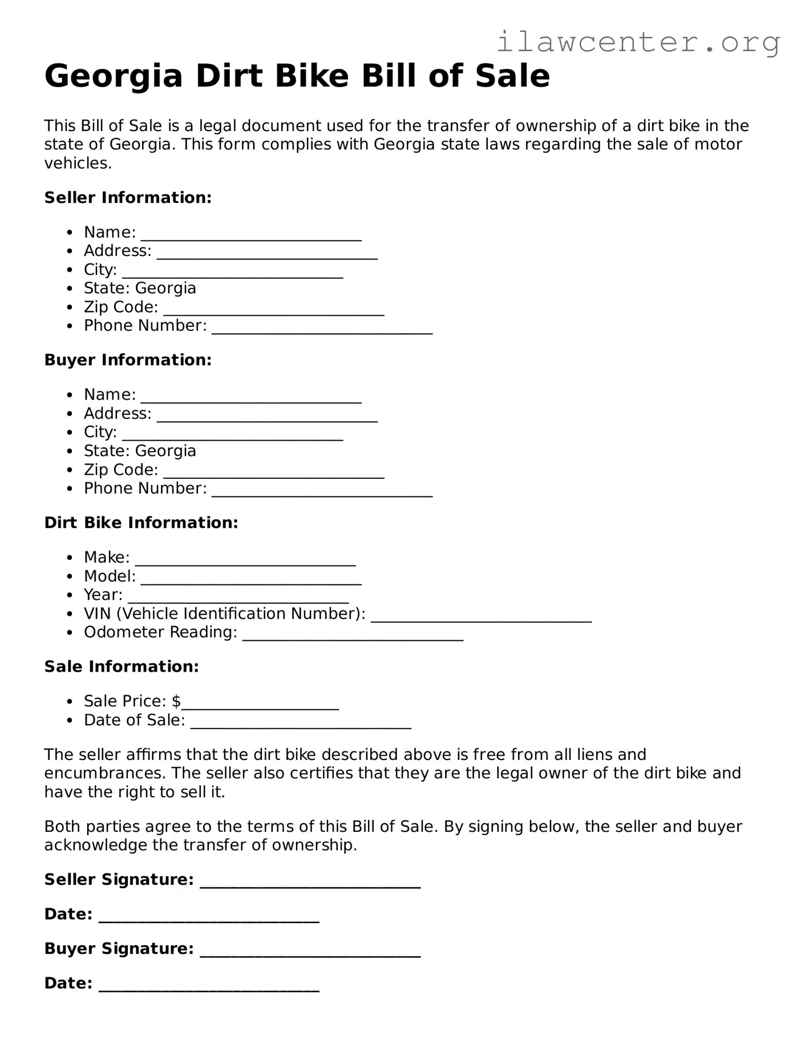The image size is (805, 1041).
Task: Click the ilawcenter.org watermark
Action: coord(638,42)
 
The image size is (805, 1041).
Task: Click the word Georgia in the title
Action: coord(113,76)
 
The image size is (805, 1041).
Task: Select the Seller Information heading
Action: coord(128,198)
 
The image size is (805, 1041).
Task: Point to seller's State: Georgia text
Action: coord(140,288)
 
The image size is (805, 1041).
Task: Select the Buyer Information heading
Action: coord(128,360)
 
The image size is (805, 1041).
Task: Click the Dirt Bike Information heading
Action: coord(141,523)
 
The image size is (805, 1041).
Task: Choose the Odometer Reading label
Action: coord(160,632)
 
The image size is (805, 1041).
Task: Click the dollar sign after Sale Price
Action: coord(176,701)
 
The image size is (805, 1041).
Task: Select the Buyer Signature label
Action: coord(119,949)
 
